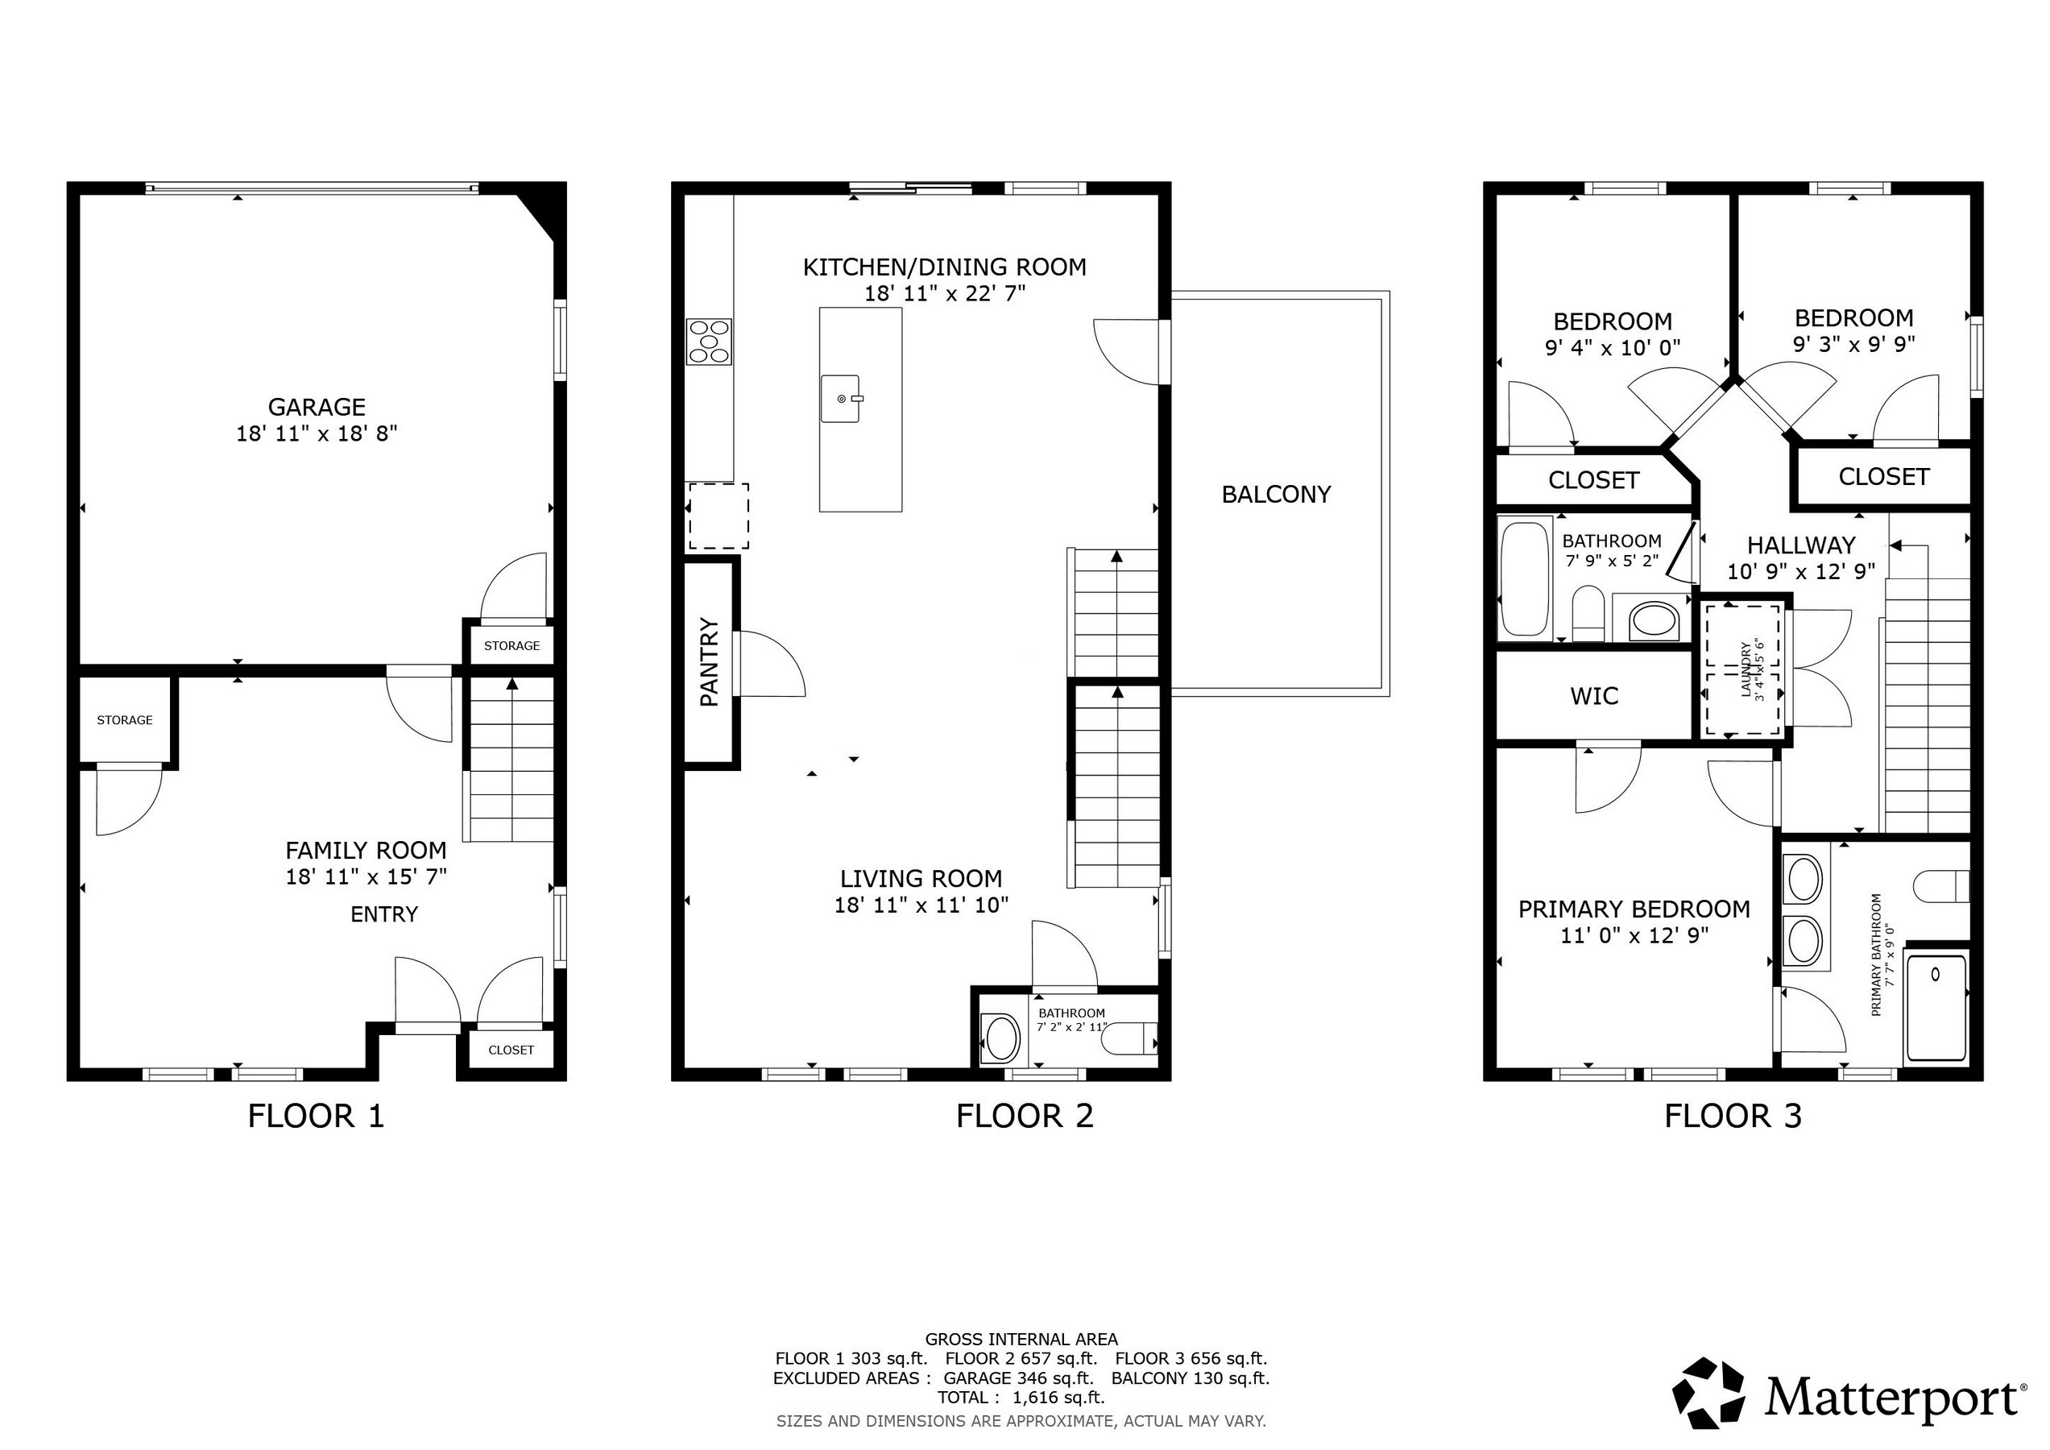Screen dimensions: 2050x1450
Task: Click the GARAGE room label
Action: [317, 407]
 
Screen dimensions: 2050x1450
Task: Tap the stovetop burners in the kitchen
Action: [709, 341]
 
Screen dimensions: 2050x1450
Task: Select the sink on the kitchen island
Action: [840, 398]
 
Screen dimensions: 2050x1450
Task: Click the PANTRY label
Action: [710, 662]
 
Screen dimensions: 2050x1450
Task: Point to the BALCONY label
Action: [1276, 495]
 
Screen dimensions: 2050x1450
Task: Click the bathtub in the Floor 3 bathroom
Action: [1525, 579]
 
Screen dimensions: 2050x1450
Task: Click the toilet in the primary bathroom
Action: [1942, 887]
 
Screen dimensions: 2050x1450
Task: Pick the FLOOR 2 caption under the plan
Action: [1025, 1116]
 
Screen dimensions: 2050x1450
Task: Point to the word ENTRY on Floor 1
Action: [384, 914]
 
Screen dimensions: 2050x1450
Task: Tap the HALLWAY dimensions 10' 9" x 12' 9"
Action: [1802, 571]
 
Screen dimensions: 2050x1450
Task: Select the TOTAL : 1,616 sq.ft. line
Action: [1021, 1398]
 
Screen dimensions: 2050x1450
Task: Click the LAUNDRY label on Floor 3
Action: [1746, 669]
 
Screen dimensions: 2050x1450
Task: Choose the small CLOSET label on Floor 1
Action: [511, 1050]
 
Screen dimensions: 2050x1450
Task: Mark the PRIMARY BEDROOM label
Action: [1634, 909]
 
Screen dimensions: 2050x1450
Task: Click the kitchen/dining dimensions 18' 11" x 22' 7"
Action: [945, 293]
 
